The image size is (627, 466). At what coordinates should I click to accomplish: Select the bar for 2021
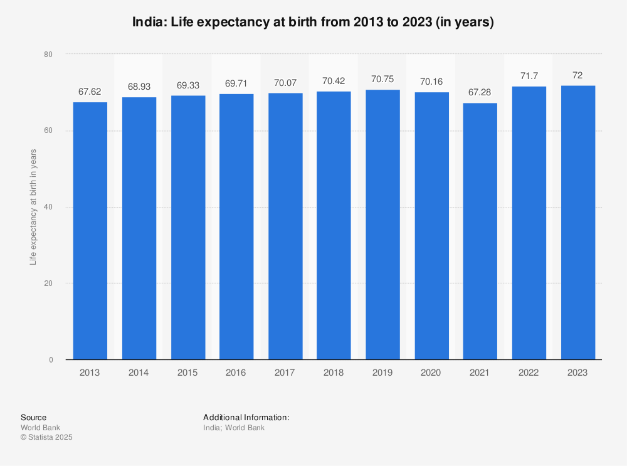click(480, 231)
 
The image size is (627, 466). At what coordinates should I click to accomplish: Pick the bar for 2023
click(577, 223)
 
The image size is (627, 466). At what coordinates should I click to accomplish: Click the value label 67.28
click(480, 92)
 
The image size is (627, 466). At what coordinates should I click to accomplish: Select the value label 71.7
click(529, 75)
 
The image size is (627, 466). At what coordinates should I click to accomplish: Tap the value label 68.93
click(139, 86)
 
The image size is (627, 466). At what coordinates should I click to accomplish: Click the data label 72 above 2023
click(577, 75)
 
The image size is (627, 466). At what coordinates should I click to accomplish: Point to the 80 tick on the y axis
click(48, 55)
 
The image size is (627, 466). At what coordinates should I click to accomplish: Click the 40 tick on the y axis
click(48, 207)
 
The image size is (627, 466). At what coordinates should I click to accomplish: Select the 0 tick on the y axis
click(50, 360)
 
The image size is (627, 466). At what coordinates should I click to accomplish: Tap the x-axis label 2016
click(236, 373)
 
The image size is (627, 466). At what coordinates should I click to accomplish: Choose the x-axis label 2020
click(431, 373)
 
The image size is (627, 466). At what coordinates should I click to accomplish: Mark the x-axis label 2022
click(529, 373)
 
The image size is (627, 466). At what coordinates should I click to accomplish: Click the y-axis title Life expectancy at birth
click(33, 207)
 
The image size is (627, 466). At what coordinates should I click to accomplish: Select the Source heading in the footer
click(33, 418)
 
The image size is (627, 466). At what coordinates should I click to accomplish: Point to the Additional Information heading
click(246, 418)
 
